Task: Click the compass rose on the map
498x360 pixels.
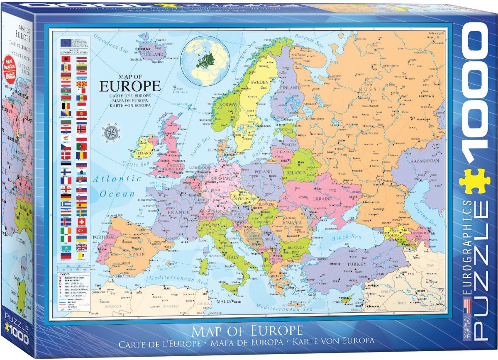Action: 112,132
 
